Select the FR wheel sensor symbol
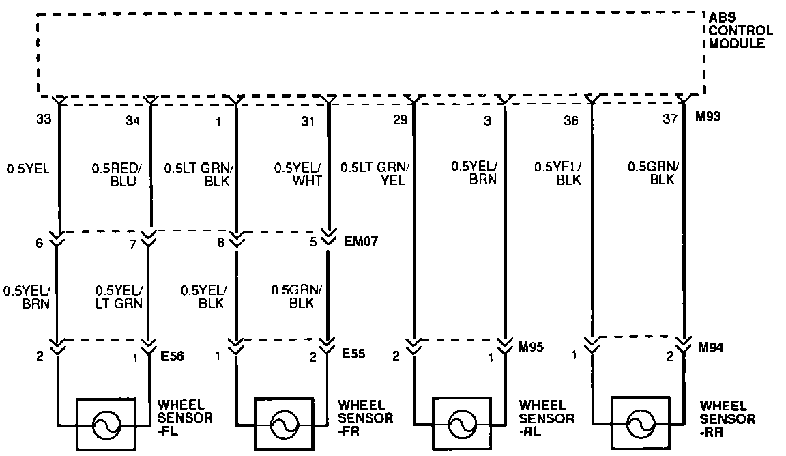pyautogui.click(x=281, y=425)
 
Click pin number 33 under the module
pyautogui.click(x=44, y=119)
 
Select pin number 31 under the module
pyautogui.click(x=308, y=122)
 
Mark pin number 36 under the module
pyautogui.click(x=571, y=122)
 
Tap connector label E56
pyautogui.click(x=172, y=355)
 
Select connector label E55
pyautogui.click(x=354, y=355)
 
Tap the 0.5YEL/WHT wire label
pyautogui.click(x=297, y=173)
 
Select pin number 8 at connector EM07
pyautogui.click(x=220, y=242)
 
